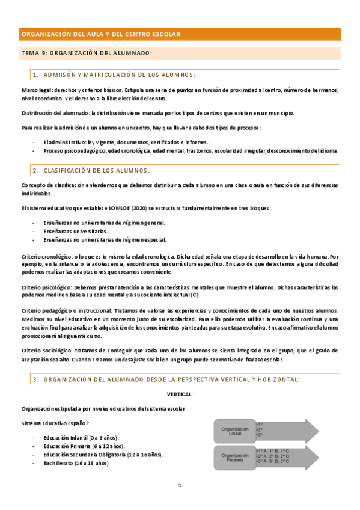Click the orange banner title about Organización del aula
[101, 34]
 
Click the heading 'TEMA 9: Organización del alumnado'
[87, 54]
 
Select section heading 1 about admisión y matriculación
[114, 75]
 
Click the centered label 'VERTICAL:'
[180, 394]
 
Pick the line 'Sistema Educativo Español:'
[55, 423]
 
